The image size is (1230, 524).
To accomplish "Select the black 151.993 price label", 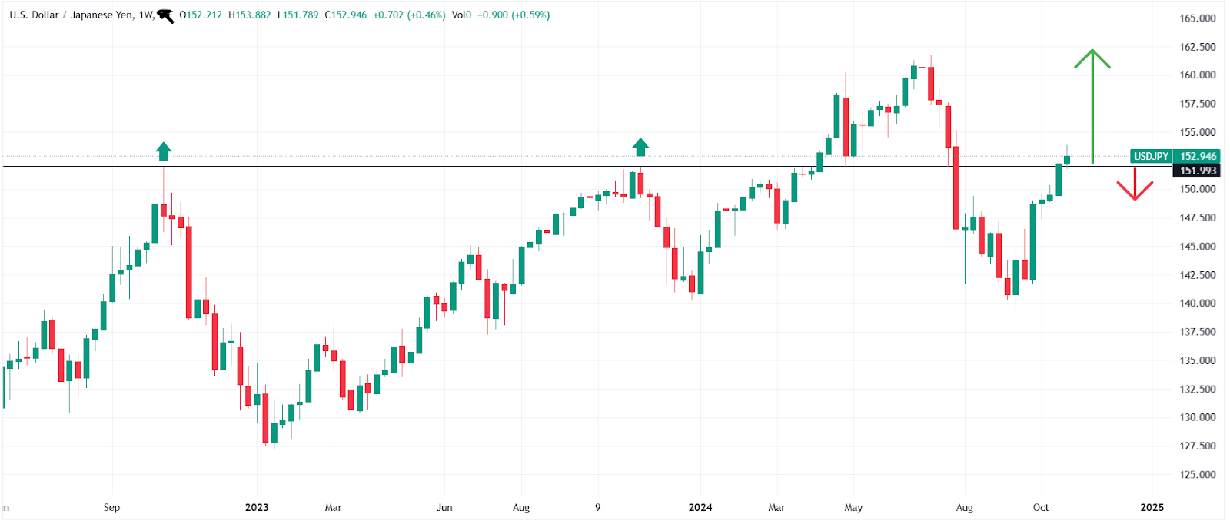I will coord(1198,171).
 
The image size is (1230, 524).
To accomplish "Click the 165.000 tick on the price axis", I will coord(1198,18).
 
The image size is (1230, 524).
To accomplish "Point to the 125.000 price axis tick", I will coord(1198,475).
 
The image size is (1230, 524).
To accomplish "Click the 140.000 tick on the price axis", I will coord(1198,303).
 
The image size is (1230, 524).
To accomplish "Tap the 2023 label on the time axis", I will coord(257,507).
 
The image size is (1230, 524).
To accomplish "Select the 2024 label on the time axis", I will coord(700,507).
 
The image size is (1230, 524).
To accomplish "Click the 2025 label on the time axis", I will coord(1152,507).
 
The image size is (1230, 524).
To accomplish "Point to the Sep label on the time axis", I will coord(111,507).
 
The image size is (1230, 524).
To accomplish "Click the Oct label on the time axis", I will coord(1041,507).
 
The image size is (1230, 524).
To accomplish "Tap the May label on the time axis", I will coord(853,507).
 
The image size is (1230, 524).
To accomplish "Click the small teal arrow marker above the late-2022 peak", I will coord(163,151).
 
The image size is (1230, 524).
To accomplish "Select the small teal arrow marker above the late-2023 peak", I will coord(640,147).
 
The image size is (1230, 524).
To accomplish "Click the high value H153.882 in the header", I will coord(250,15).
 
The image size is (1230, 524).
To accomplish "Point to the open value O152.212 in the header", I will coord(201,15).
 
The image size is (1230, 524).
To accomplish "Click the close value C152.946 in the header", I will coord(346,15).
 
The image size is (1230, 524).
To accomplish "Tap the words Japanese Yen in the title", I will coord(101,15).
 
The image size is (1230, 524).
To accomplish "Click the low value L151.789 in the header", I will coord(298,15).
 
